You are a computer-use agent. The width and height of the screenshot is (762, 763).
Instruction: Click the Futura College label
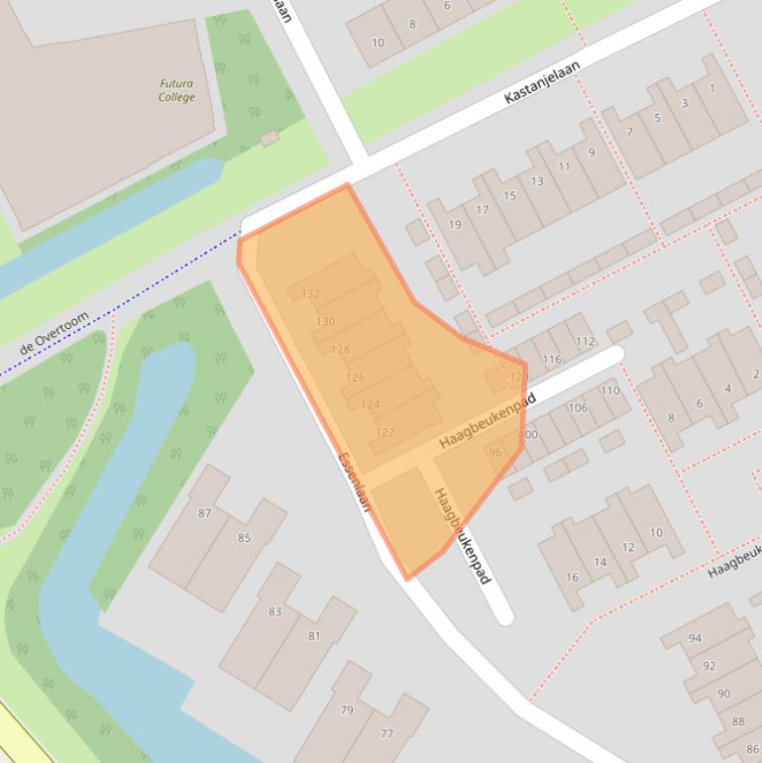[x=176, y=91]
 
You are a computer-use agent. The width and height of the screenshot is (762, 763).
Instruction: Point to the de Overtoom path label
[x=54, y=333]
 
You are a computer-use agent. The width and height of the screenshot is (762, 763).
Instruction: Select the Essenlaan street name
[x=354, y=482]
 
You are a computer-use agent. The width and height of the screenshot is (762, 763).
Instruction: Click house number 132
[x=310, y=294]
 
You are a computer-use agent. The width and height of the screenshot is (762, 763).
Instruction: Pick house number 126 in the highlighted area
[x=355, y=378]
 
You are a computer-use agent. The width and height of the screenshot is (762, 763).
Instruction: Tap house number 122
[x=385, y=432]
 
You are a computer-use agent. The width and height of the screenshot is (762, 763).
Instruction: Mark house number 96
[x=495, y=453]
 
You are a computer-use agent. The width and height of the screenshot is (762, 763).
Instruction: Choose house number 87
[x=205, y=513]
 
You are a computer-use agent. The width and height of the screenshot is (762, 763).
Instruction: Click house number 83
[x=274, y=611]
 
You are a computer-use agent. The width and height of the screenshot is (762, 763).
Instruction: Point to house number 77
[x=386, y=734]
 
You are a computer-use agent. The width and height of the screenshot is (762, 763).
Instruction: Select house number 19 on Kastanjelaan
[x=455, y=224]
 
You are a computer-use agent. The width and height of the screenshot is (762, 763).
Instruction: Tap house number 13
[x=537, y=181]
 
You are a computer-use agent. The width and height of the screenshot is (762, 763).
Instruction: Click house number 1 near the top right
[x=711, y=89]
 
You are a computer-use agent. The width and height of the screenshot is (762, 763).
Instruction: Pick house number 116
[x=552, y=360]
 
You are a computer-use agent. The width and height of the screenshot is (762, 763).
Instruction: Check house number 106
[x=578, y=408]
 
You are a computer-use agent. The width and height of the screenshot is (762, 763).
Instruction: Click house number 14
[x=599, y=563]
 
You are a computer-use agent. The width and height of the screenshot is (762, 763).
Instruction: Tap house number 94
[x=695, y=639]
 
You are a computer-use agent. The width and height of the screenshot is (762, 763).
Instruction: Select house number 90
[x=723, y=694]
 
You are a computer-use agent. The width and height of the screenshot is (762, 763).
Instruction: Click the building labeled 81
[x=314, y=636]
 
